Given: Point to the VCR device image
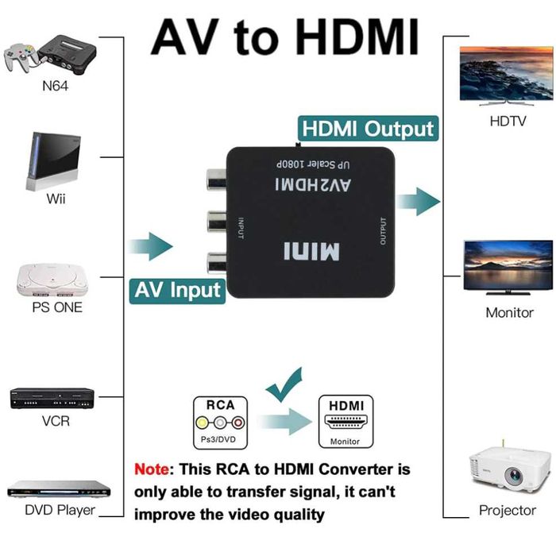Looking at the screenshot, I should (x=52, y=397).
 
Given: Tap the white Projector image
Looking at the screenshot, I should (x=508, y=470).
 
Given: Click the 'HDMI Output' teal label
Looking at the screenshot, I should (x=367, y=129).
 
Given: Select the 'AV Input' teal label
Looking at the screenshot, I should (x=176, y=289).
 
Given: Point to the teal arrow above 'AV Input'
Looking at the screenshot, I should (x=150, y=246).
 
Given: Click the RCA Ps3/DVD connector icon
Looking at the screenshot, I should (x=220, y=422).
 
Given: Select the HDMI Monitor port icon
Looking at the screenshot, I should (x=345, y=422).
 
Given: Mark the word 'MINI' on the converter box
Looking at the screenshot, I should (x=311, y=253).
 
